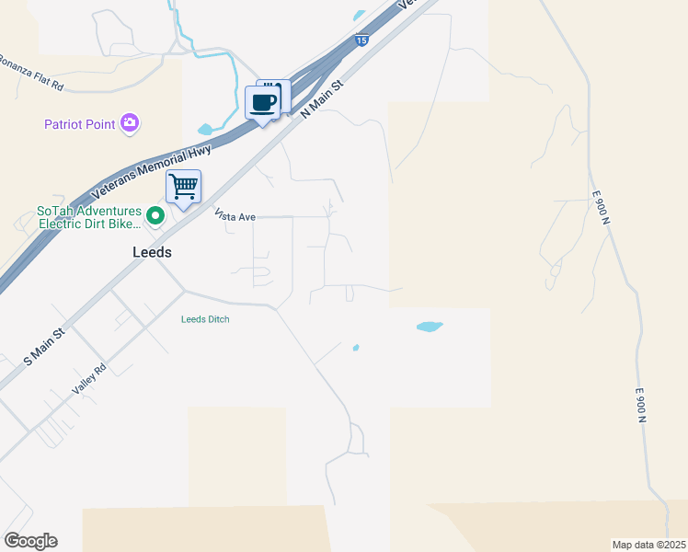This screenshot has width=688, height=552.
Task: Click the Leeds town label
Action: (153, 251)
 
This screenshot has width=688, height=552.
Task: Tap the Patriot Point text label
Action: (81, 124)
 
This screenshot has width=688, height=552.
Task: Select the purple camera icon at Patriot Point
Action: (130, 122)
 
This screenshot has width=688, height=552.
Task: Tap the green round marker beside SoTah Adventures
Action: (155, 216)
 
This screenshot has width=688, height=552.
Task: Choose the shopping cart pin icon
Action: (183, 188)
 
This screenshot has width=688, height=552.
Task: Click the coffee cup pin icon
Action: (263, 102)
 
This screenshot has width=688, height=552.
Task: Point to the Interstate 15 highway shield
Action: (362, 40)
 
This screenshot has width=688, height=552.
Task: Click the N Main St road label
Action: (322, 97)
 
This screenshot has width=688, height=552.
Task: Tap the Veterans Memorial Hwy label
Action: (153, 173)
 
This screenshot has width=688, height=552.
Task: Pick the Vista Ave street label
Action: (235, 216)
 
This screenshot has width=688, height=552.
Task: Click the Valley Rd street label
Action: (90, 379)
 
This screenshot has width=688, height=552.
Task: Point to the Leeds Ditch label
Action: (204, 319)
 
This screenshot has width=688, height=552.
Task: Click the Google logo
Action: (30, 540)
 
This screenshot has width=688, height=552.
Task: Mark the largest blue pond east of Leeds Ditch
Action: (430, 326)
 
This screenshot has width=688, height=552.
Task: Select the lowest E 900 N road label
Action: (641, 405)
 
